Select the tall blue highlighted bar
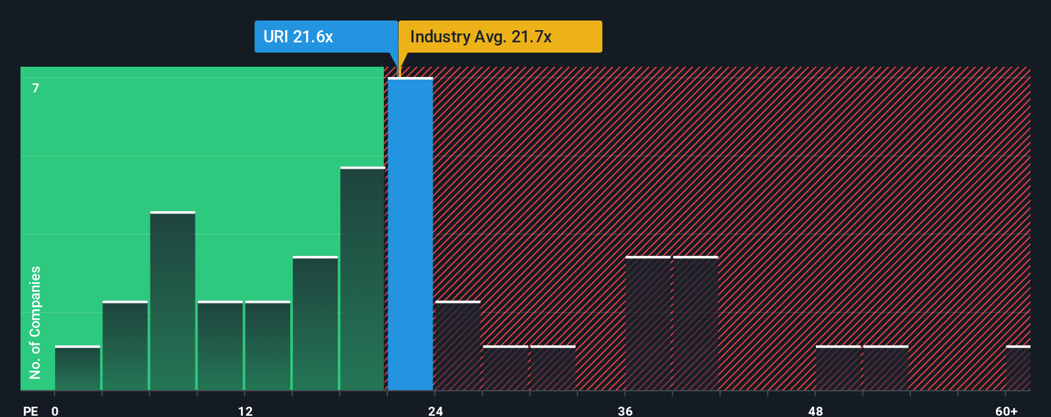(x=410, y=234)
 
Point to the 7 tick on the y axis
(x=36, y=88)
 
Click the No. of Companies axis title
(x=35, y=322)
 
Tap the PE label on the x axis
(x=30, y=411)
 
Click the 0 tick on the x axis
(x=55, y=411)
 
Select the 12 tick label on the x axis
(x=245, y=411)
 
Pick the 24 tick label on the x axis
(x=435, y=411)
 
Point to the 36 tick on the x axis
(x=625, y=411)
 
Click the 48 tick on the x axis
(x=815, y=411)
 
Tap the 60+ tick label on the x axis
(x=1006, y=411)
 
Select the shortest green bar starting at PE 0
(x=78, y=368)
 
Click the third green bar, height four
(x=172, y=302)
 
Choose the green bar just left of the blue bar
(x=362, y=279)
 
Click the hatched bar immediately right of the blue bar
(x=458, y=346)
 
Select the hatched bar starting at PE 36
(x=648, y=323)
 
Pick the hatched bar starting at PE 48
(x=838, y=368)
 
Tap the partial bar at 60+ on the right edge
(x=1018, y=368)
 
